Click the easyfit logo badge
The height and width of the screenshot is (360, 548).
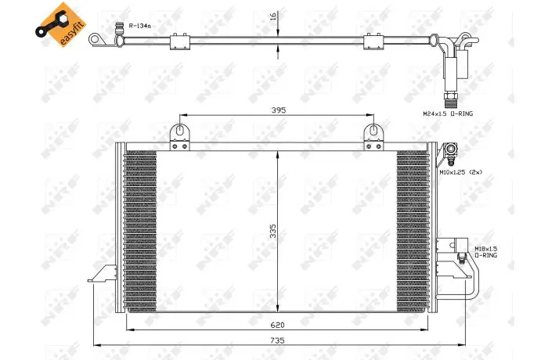pos(60,24)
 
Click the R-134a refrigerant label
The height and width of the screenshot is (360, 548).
pos(140,26)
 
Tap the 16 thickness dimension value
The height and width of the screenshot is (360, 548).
pos(274,16)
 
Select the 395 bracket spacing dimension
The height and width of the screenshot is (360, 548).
pos(278,110)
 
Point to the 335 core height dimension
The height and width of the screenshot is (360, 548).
pos(273,231)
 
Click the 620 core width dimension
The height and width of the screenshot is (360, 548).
pos(277,325)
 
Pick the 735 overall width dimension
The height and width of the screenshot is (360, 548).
pos(277,340)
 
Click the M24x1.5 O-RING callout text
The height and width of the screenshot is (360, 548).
pos(448,113)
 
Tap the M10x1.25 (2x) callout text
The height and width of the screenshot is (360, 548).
pos(461,171)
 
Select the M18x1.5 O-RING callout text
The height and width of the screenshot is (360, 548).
pos(486,252)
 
